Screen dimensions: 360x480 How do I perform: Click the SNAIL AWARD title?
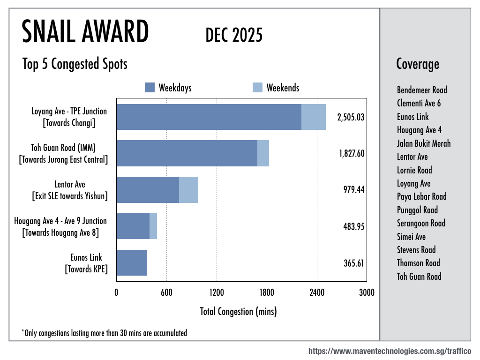(x=85, y=33)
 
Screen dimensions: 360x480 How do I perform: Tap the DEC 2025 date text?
(x=234, y=35)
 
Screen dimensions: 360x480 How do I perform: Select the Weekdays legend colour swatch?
(x=150, y=88)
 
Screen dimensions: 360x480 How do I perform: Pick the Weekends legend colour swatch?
(x=257, y=88)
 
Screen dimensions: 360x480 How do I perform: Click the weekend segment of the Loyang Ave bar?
(x=313, y=117)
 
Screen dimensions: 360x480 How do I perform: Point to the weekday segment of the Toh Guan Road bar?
(x=187, y=153)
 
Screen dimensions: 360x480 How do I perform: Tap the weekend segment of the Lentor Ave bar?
(x=188, y=190)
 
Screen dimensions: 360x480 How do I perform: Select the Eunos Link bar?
(x=132, y=263)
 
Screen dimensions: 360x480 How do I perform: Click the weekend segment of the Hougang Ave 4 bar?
(x=153, y=226)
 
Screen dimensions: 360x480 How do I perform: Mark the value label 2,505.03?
(x=351, y=117)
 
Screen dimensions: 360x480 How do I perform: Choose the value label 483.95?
(x=354, y=226)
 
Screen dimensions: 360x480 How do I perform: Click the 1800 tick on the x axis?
(x=267, y=293)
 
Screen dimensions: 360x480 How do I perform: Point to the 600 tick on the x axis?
(x=166, y=293)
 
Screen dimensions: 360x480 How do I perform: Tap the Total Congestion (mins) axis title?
(x=238, y=311)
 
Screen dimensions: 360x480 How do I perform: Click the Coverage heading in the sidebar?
(x=418, y=64)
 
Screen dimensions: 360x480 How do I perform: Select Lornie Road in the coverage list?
(x=414, y=170)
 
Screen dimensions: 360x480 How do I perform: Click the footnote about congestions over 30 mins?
(x=104, y=333)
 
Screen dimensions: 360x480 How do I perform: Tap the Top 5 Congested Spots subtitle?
(x=75, y=64)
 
